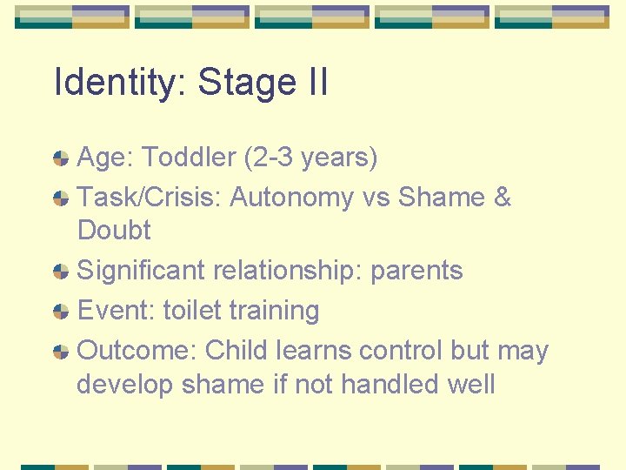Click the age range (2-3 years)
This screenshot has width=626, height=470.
311,158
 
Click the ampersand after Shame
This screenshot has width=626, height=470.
502,198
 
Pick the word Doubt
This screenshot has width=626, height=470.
114,231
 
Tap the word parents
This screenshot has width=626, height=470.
416,271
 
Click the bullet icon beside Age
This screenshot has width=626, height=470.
61,158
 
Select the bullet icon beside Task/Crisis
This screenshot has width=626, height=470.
61,198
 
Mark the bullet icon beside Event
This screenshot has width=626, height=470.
61,312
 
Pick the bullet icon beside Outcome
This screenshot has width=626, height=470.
61,352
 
